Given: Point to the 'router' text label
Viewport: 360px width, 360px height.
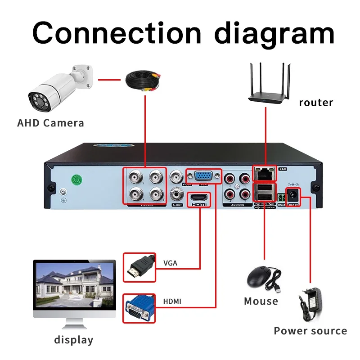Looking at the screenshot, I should [x=316, y=103].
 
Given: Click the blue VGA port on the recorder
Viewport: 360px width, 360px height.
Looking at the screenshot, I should [x=203, y=176].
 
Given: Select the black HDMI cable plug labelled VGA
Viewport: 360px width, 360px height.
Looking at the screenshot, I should [x=139, y=267].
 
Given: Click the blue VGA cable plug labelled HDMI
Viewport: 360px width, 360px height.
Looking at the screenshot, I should [x=139, y=308].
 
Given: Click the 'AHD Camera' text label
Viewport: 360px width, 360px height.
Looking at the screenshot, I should [x=50, y=123].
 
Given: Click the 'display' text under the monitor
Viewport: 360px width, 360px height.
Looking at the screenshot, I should [x=73, y=340].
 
